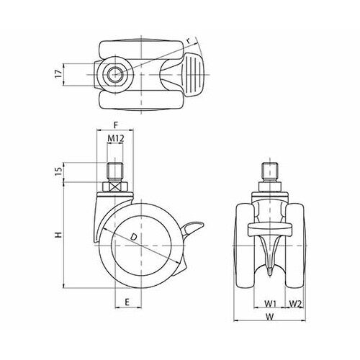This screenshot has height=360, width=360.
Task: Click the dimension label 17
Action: (x=58, y=74)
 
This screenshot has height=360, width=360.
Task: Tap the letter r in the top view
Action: (x=189, y=41)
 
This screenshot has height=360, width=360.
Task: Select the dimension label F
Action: (x=116, y=125)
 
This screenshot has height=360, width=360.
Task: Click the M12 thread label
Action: (x=115, y=138)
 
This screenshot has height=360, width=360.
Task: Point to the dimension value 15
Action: (x=58, y=171)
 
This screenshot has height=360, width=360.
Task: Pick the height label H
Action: (x=58, y=235)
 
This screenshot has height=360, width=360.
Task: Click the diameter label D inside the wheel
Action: (x=133, y=237)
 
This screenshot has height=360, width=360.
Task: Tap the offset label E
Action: (x=127, y=302)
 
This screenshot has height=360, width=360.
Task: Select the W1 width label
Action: (x=271, y=304)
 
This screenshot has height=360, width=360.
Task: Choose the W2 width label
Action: (x=295, y=304)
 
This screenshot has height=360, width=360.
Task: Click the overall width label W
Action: (x=270, y=317)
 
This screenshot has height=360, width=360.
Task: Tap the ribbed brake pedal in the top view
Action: (x=193, y=74)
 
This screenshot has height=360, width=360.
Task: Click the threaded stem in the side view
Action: (x=115, y=171)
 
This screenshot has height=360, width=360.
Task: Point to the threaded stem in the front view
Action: (x=270, y=171)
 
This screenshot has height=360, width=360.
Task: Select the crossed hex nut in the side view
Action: (x=115, y=186)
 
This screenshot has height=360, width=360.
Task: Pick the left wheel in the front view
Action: (x=245, y=246)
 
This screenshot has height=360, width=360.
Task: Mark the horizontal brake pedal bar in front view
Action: (x=270, y=229)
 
